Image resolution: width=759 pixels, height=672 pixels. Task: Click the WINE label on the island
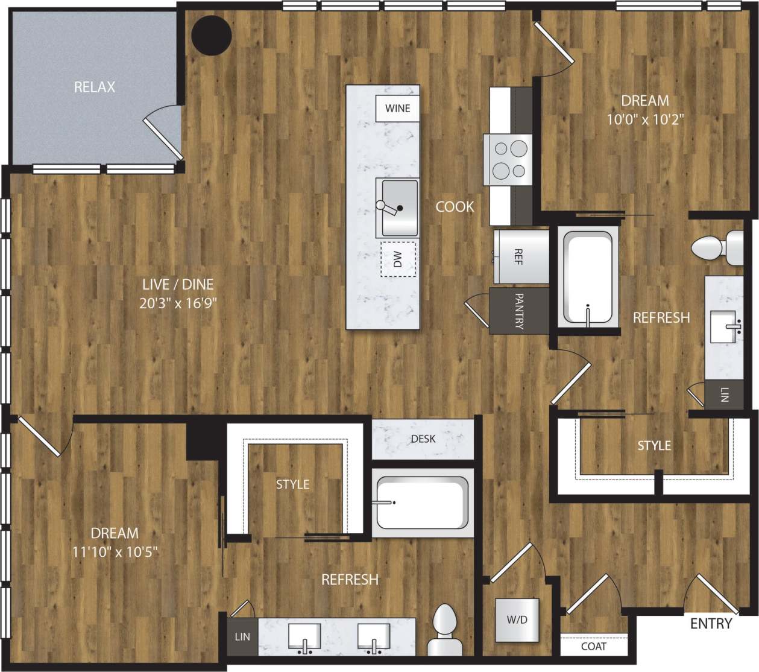(x=397, y=109)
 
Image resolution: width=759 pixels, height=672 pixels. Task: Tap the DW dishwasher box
(x=398, y=259)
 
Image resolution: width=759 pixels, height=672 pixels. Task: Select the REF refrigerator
(x=518, y=256)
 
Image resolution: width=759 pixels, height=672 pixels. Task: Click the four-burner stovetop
(x=509, y=160)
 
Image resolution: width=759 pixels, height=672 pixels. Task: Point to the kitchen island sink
(x=397, y=208)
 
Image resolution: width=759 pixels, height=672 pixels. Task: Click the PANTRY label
(x=519, y=311)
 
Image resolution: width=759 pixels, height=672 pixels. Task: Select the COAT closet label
(x=594, y=646)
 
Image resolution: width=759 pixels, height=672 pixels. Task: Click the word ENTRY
(x=711, y=624)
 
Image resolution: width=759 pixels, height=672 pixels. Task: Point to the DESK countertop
(x=423, y=439)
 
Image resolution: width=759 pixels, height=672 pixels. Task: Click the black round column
(x=212, y=35)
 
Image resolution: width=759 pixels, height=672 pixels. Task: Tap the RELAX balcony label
(x=95, y=87)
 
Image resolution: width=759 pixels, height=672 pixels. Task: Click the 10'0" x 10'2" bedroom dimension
(x=645, y=119)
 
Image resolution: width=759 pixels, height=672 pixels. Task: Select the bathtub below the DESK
(x=421, y=503)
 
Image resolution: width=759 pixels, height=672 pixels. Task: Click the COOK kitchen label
(x=455, y=207)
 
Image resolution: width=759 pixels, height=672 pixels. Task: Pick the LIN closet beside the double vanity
(x=242, y=636)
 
